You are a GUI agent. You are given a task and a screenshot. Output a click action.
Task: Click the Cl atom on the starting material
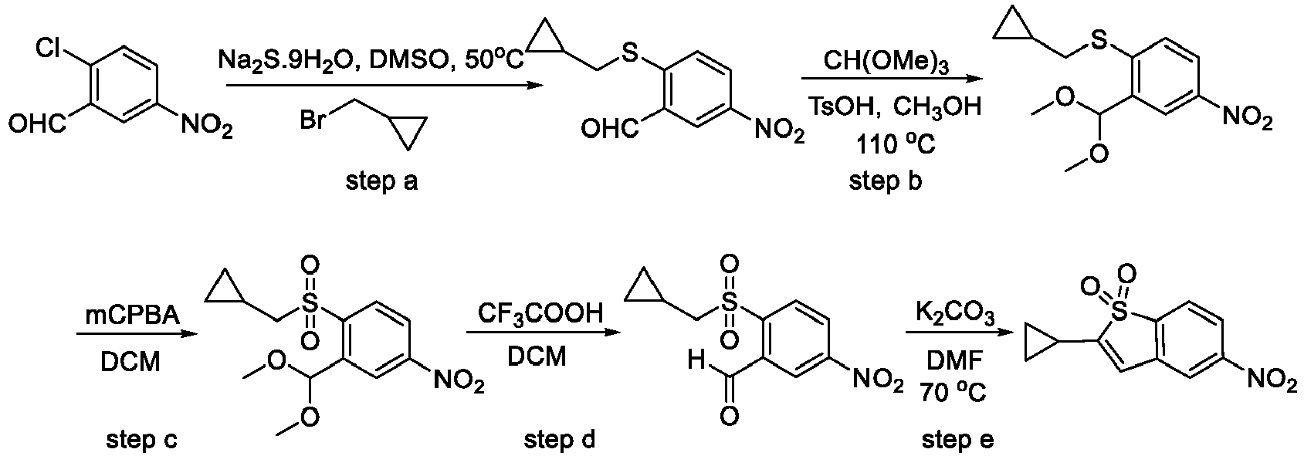pyautogui.click(x=50, y=49)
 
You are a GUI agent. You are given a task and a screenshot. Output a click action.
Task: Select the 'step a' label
pyautogui.click(x=382, y=182)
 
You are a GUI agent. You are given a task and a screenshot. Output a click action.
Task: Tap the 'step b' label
pyautogui.click(x=885, y=181)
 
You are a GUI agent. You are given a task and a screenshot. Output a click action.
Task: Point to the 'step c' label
pyautogui.click(x=138, y=441)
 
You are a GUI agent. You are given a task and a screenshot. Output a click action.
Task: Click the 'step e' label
pyautogui.click(x=958, y=441)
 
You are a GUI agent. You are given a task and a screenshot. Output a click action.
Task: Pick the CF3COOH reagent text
pyautogui.click(x=540, y=316)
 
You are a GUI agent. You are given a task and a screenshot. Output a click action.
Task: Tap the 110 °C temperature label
pyautogui.click(x=895, y=145)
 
